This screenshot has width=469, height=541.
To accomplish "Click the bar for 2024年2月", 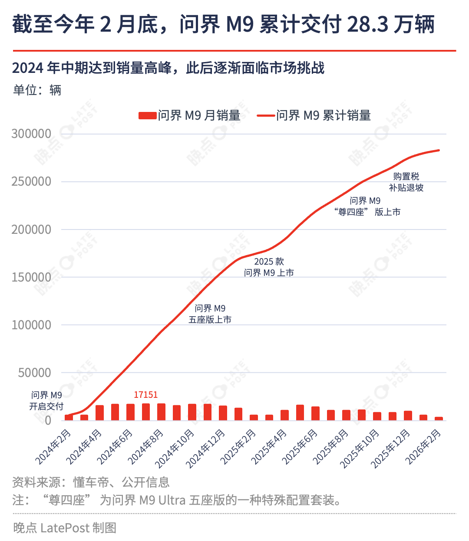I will [69, 417].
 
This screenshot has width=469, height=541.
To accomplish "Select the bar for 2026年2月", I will [439, 419].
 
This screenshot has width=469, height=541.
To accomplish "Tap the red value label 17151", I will [145, 395].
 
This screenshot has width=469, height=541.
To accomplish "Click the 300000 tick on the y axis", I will [31, 134].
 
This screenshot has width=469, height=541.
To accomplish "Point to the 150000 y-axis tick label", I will [31, 277].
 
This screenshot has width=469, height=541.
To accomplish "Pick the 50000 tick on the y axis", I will [35, 372].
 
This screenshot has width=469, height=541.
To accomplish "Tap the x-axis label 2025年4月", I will [270, 446].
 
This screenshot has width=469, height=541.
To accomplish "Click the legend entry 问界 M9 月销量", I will [190, 115].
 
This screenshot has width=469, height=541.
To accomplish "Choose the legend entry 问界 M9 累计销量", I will [314, 115].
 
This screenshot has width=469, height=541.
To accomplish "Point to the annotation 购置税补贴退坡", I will [406, 182].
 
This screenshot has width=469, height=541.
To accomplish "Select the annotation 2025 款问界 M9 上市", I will [269, 267].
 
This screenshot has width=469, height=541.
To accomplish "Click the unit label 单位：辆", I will [37, 90].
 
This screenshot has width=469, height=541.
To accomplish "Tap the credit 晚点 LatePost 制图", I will [65, 528].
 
